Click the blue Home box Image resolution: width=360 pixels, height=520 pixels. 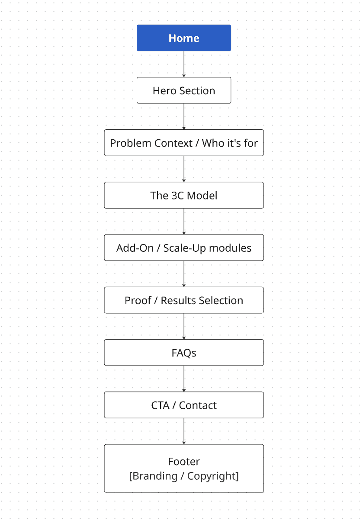pos(184,38)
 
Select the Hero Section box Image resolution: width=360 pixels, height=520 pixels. pos(184,90)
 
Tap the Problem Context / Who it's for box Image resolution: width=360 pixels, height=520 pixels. pos(184,143)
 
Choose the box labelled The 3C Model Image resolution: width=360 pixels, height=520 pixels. pos(184,195)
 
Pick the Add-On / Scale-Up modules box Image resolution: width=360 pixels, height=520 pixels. pos(184,248)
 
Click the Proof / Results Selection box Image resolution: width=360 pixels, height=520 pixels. pos(184,300)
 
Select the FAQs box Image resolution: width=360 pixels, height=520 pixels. pos(184,353)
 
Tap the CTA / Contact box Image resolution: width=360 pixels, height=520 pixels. pos(184,405)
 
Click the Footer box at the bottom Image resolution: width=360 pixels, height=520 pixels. pos(184,468)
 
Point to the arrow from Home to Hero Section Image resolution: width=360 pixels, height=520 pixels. pos(184,64)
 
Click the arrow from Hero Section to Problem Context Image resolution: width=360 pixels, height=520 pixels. pos(184,116)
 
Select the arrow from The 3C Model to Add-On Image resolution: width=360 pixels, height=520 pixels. pos(184,221)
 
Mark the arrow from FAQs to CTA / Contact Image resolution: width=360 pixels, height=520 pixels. pos(184,379)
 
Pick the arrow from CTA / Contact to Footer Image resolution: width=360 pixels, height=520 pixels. pos(184,431)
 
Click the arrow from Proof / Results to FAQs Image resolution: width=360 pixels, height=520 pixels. pos(184,326)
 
